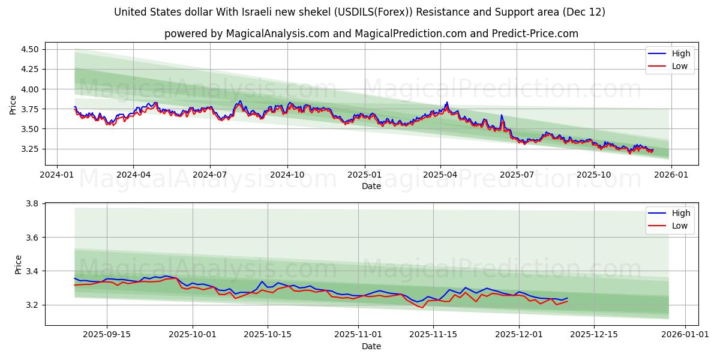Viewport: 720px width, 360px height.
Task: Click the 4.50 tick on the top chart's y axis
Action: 29,49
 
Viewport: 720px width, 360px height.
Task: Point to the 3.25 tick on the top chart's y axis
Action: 29,149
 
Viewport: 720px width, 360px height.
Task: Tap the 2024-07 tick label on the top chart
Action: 210,175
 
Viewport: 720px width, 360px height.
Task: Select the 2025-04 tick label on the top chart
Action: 440,175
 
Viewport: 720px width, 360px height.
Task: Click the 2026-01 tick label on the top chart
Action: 671,175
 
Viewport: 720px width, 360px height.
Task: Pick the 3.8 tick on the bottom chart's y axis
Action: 33,204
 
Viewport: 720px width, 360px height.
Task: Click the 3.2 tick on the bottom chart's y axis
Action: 33,305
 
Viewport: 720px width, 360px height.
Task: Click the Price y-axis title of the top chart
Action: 13,105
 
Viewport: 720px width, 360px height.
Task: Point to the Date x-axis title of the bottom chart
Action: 371,346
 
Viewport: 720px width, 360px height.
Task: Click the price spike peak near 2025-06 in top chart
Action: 502,115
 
